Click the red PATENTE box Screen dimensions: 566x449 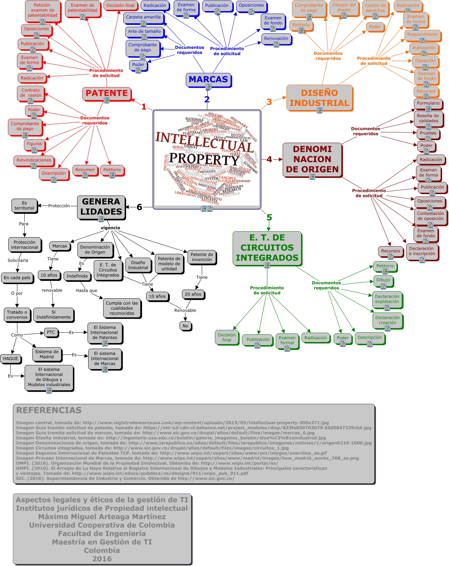(x=107, y=93)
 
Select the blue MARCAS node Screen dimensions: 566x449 (x=208, y=80)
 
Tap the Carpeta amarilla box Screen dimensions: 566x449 (x=143, y=17)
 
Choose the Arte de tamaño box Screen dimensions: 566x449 (x=144, y=32)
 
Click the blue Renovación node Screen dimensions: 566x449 (x=276, y=39)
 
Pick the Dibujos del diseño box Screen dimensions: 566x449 (x=344, y=8)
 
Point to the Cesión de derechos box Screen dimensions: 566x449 (x=375, y=8)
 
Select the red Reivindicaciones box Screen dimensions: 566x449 (x=34, y=160)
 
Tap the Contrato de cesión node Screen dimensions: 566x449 (x=31, y=93)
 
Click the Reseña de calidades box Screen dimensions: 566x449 (x=428, y=118)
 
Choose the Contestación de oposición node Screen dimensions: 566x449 (x=430, y=216)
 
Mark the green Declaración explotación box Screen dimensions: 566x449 (x=387, y=299)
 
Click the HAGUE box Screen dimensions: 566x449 (x=10, y=359)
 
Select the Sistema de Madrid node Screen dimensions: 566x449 (x=47, y=354)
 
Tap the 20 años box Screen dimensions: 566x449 (x=193, y=294)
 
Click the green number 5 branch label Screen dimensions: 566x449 (x=269, y=217)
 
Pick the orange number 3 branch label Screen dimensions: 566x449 (x=269, y=102)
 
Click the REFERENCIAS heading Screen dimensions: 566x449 (x=49, y=410)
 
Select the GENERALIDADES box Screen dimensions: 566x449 (x=101, y=207)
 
